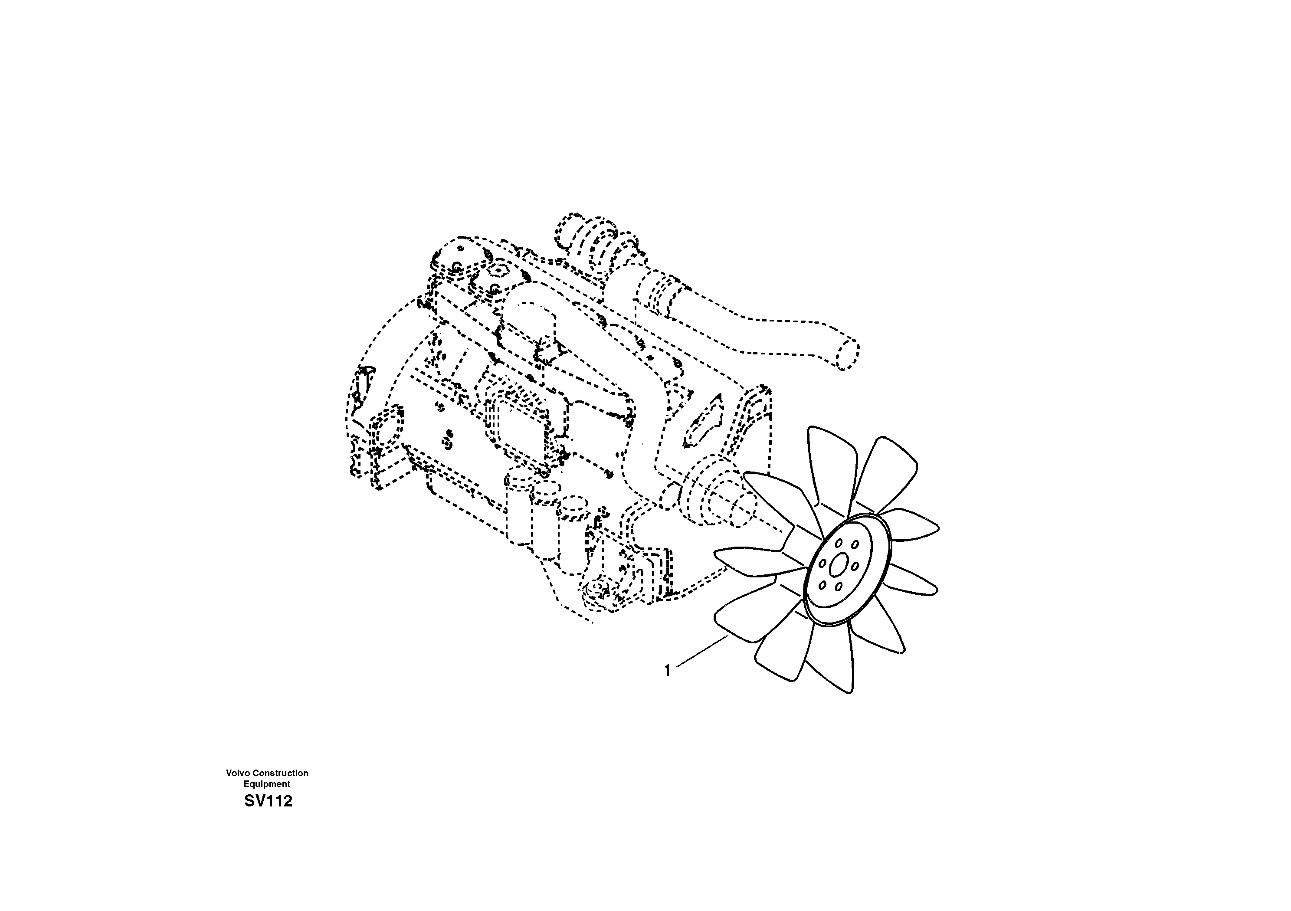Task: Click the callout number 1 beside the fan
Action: (x=668, y=671)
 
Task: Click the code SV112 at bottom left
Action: (x=268, y=801)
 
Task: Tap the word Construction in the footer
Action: (x=279, y=773)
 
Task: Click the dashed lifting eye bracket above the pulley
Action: (x=703, y=422)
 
